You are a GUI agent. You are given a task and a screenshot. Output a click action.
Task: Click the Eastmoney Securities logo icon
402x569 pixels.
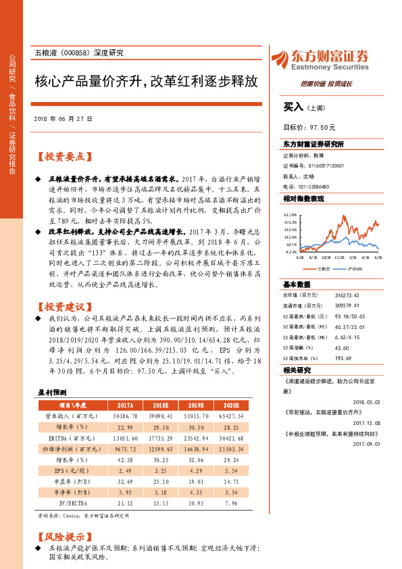pos(279,58)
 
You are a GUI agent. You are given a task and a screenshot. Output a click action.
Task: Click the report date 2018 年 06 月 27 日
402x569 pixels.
pos(63,118)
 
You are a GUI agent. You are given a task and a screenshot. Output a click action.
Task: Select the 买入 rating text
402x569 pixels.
pos(293,107)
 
